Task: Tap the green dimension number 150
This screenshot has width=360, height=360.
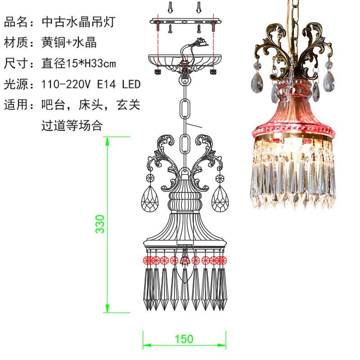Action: point(184,339)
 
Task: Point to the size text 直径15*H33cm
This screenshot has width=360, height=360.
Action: point(79,63)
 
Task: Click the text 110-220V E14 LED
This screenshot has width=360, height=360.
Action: point(91,84)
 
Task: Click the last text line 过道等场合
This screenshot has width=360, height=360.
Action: point(72,126)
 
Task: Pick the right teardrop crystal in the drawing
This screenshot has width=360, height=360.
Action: point(220,198)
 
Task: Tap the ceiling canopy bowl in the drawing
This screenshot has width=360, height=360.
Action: point(184,61)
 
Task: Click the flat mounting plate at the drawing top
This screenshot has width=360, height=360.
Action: point(184,21)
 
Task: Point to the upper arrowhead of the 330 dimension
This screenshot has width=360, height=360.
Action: point(108,141)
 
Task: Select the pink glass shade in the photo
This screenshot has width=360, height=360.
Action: point(294,112)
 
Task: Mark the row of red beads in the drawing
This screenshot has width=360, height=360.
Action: point(184,260)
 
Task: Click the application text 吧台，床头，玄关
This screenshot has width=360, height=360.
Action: point(91,105)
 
